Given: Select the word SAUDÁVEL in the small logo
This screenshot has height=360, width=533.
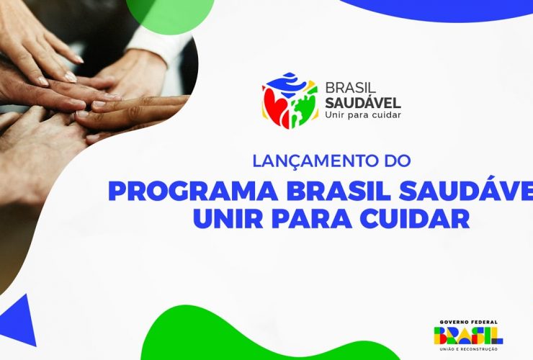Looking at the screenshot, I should coord(363,102).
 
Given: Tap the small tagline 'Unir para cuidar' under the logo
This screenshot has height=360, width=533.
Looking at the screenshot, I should coord(363,114).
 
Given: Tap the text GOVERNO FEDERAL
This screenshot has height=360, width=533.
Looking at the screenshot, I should coord(467,322).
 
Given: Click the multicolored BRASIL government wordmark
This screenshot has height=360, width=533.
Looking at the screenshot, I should coord(467,335).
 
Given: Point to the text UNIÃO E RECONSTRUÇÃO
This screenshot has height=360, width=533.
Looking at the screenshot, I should coord(467,348).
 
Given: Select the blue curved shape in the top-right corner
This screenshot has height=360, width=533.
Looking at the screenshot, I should coord(447,9).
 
